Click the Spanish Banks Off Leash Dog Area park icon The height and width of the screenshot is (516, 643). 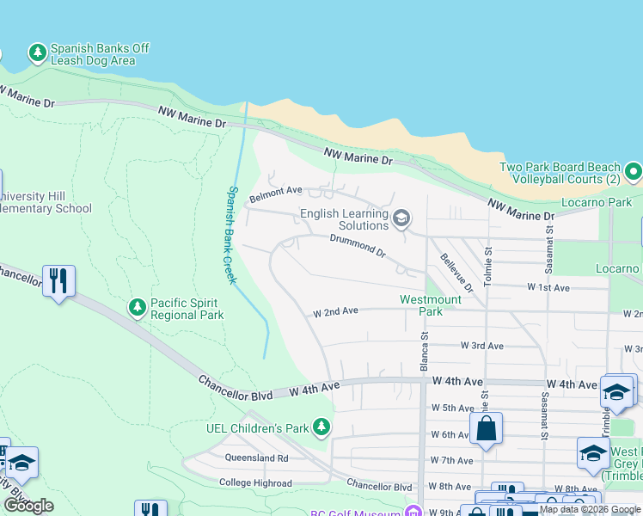click(37, 54)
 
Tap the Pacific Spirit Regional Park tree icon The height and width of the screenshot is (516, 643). click(137, 308)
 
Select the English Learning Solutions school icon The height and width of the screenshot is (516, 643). click(400, 220)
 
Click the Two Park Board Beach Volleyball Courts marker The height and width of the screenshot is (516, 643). click(634, 173)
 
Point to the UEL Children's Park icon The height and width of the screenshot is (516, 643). click(321, 427)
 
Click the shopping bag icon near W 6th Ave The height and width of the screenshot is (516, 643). click(486, 428)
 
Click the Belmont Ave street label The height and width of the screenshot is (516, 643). click(276, 194)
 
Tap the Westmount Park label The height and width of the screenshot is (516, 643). click(431, 305)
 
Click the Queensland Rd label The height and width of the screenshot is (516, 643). click(257, 458)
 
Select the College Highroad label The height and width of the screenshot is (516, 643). click(255, 482)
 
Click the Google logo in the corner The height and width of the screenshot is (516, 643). click(28, 506)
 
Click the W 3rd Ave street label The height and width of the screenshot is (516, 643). click(481, 346)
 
